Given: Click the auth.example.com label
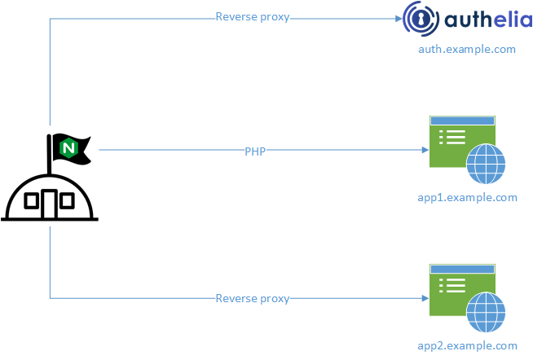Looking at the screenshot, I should [467, 49].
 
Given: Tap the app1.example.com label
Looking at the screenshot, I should [467, 198].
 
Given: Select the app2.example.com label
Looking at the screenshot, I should [467, 345].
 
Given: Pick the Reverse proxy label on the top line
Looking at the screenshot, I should [253, 17].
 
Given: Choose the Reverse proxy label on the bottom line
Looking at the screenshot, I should [253, 298].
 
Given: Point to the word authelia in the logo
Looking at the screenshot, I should [488, 20].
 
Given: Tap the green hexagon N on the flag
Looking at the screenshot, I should [68, 148].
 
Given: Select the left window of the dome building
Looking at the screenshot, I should [32, 200].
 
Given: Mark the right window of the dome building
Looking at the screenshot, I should [68, 200].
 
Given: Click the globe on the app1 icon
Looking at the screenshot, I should [486, 165].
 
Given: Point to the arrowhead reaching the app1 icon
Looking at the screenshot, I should [425, 151].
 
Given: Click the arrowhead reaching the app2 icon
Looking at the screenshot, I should [425, 298].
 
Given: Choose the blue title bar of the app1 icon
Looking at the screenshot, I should [463, 121].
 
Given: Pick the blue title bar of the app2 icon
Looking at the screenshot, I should [463, 268].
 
